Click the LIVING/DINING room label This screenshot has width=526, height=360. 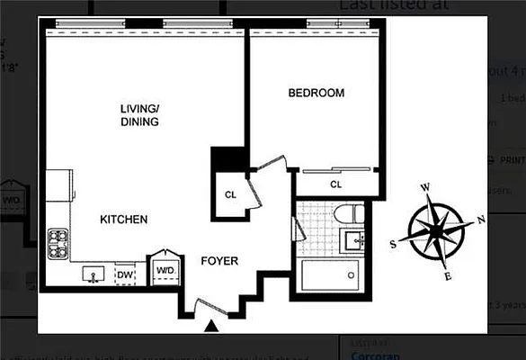point(139,115)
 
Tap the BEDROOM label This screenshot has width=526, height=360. point(316,93)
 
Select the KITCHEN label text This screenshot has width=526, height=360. point(123,220)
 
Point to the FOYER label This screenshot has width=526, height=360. point(219,261)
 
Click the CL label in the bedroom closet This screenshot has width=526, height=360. point(335,184)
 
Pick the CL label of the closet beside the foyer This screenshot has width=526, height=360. point(230,193)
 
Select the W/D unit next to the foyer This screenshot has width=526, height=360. point(165,269)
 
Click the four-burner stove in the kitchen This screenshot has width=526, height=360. point(59,243)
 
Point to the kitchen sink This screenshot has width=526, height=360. point(93,273)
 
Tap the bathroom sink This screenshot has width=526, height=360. point(352,240)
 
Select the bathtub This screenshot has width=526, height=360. point(332,274)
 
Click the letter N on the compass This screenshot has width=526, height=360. point(480,219)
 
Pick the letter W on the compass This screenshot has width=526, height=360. point(425,187)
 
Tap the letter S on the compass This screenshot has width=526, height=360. point(393,244)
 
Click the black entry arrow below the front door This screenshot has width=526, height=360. point(212,327)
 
